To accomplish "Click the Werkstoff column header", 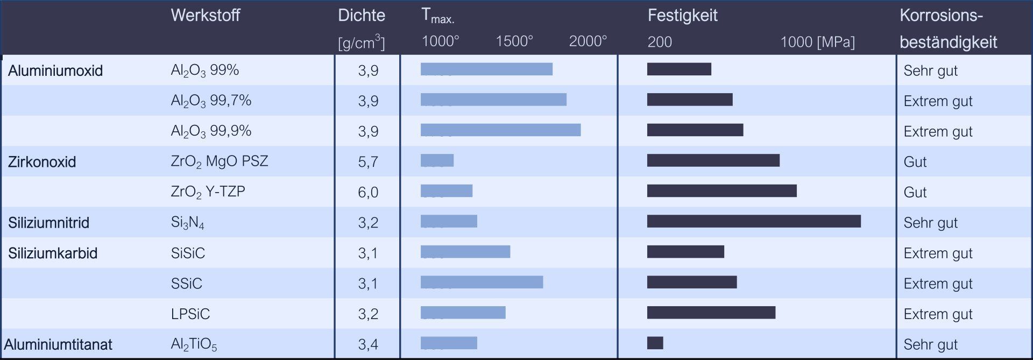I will point(205,15).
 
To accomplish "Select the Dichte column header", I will point(361,15).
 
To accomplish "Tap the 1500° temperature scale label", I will point(514,41).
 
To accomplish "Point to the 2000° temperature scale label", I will point(588,41).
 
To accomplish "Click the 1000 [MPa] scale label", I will point(817,42).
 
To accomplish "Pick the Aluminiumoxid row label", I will point(55,70).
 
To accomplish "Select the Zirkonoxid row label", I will point(42,161).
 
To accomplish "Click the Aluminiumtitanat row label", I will point(58,344).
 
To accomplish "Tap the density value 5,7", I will point(368,161).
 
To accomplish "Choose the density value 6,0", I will point(368,192).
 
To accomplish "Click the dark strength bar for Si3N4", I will point(753,221).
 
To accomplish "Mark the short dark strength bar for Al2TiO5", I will point(655,343).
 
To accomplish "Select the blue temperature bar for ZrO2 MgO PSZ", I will point(437,160).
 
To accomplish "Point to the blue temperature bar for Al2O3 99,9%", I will point(500,130).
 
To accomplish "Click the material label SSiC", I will point(186,284).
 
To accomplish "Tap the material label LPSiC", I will point(190,314).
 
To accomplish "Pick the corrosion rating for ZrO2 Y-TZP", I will point(915,192).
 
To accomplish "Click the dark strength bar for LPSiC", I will point(711,313).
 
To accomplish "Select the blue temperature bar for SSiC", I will point(482,282).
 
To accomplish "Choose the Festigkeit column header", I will point(682,15).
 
